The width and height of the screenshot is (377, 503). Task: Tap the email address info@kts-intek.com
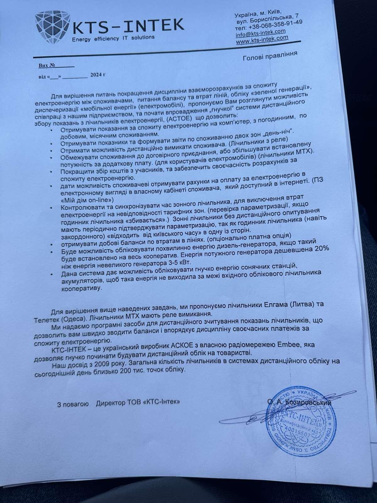(x=260, y=33)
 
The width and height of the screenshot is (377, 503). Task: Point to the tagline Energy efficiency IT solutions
(x=113, y=38)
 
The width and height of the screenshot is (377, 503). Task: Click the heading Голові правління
(x=270, y=55)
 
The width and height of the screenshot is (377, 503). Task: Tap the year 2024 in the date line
(x=96, y=75)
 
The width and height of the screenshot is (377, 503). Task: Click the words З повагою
(x=73, y=404)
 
